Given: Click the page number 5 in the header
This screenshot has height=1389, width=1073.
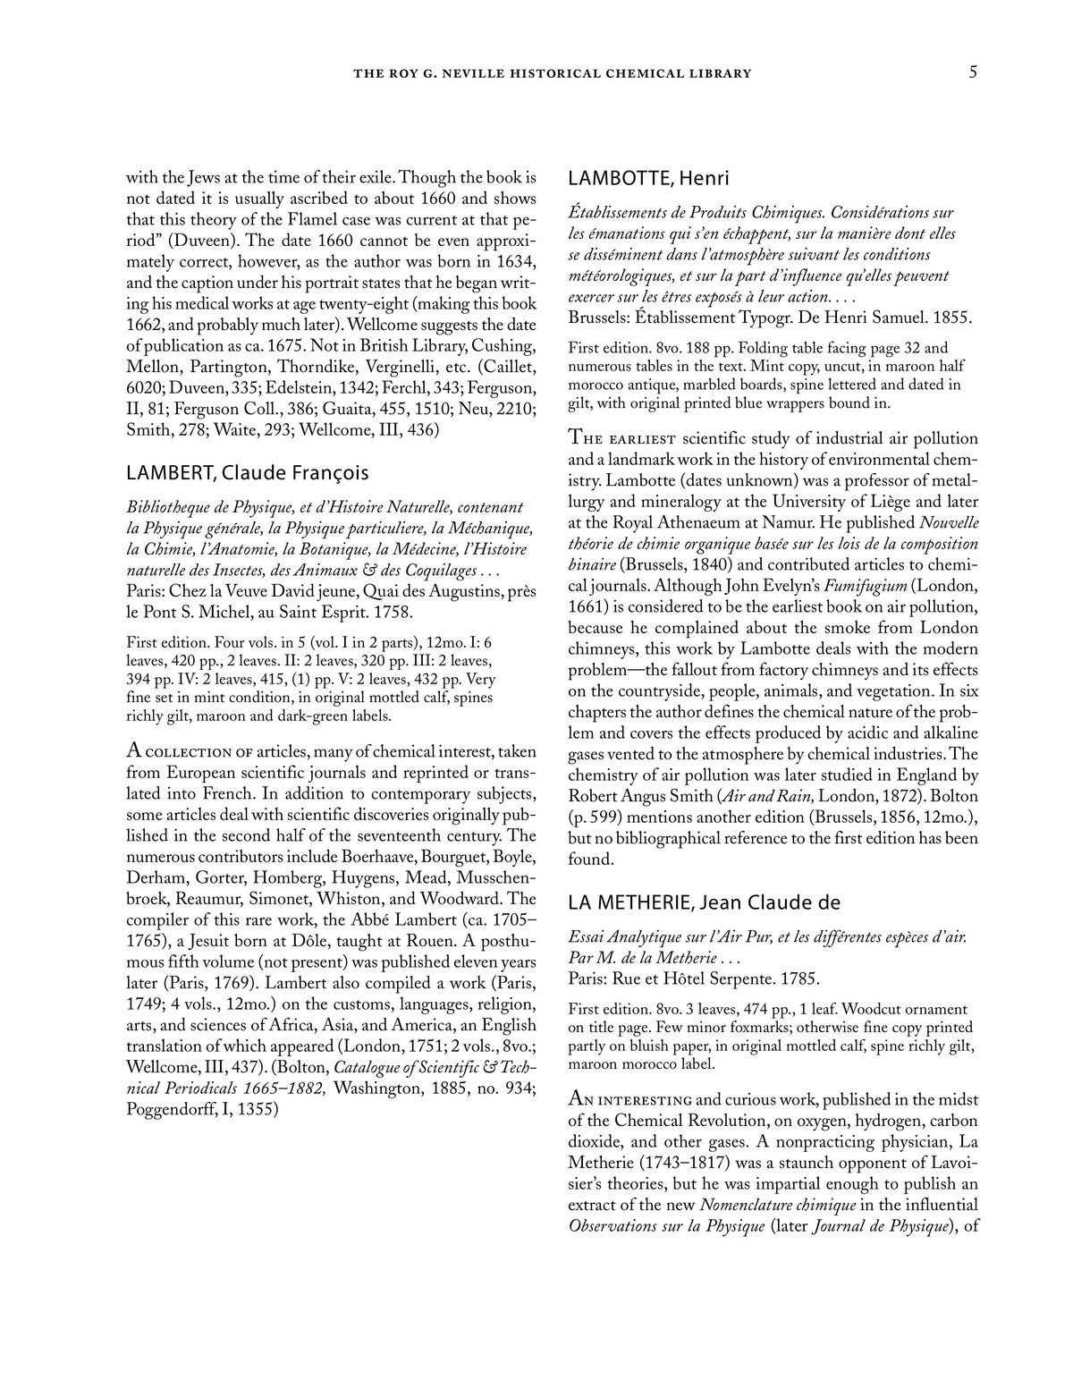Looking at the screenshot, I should click(973, 72).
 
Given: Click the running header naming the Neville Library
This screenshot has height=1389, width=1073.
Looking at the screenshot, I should click(553, 73).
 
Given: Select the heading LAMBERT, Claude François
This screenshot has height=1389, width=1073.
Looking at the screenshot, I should click(248, 471).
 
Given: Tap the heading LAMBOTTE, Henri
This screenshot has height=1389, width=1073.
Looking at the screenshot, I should click(648, 178).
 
